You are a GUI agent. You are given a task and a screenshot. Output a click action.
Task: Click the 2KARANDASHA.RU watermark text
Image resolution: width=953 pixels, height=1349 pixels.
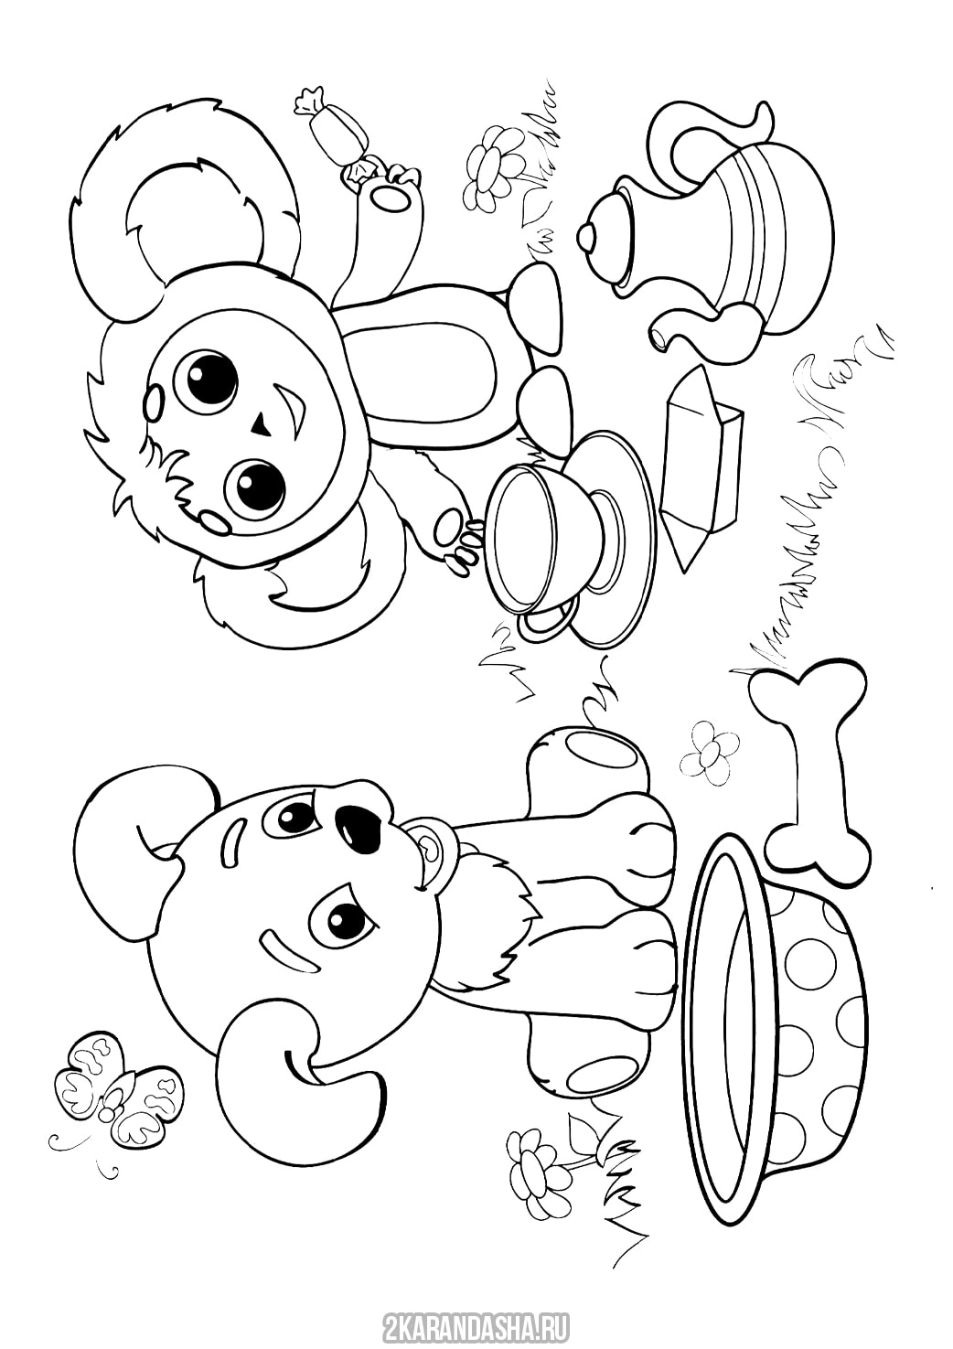point(476,1325)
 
